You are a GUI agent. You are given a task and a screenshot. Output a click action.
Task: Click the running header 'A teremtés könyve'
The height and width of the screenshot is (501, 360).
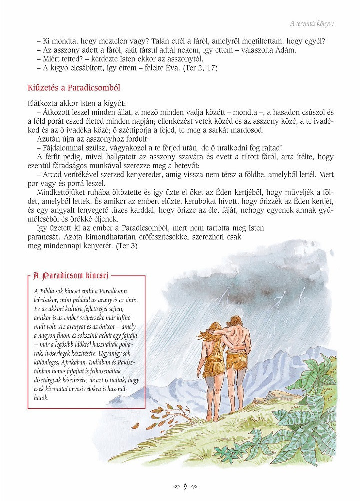312,23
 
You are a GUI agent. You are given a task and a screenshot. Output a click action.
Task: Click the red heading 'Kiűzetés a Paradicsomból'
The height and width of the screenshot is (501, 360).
73,88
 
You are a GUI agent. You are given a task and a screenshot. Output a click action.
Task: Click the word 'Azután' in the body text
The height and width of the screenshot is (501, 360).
49,139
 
